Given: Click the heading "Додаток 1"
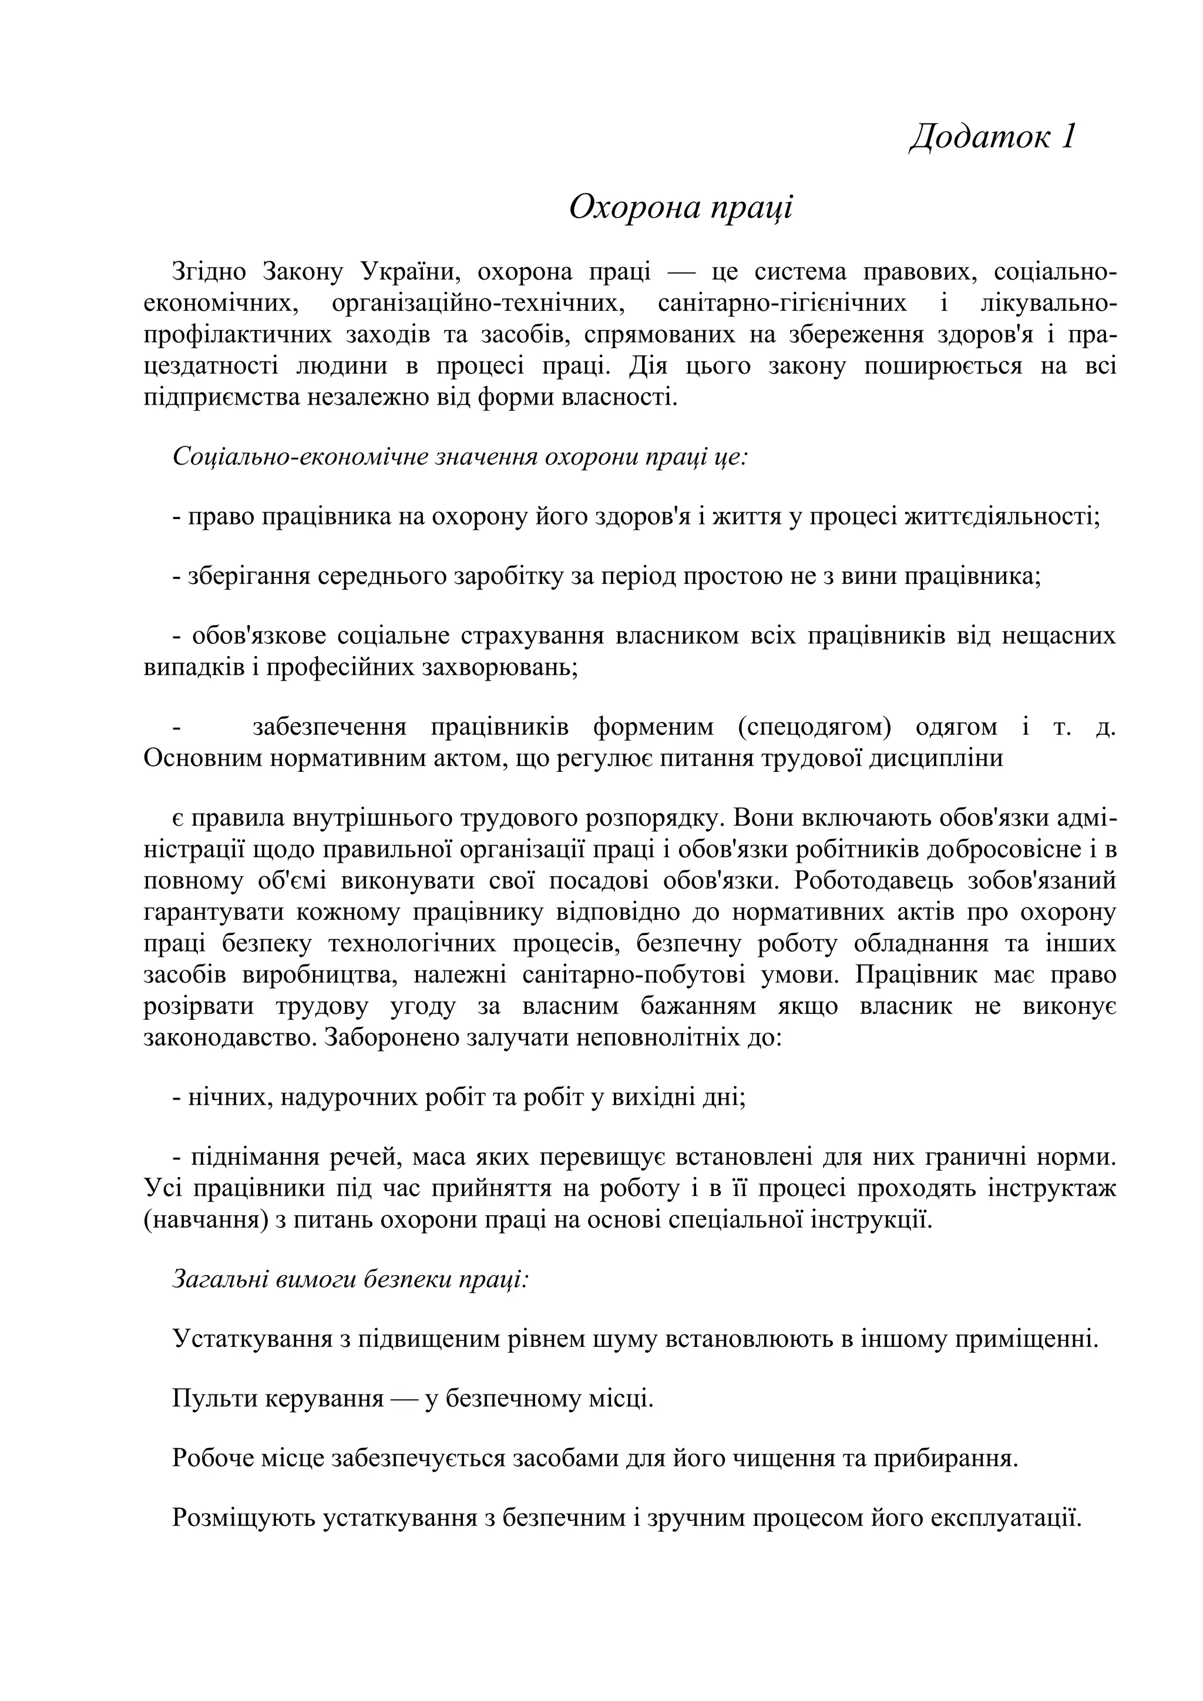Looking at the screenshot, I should pyautogui.click(x=992, y=137).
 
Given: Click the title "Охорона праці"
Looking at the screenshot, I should pyautogui.click(x=681, y=207).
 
